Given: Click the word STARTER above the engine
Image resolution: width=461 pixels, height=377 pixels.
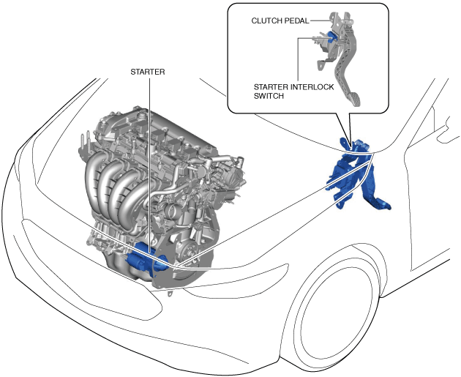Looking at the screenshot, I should (x=149, y=72).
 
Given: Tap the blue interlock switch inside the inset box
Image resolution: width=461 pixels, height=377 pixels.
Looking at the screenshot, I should (x=332, y=38).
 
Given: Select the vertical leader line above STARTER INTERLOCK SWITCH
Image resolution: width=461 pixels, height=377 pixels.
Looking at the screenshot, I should (x=298, y=59).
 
